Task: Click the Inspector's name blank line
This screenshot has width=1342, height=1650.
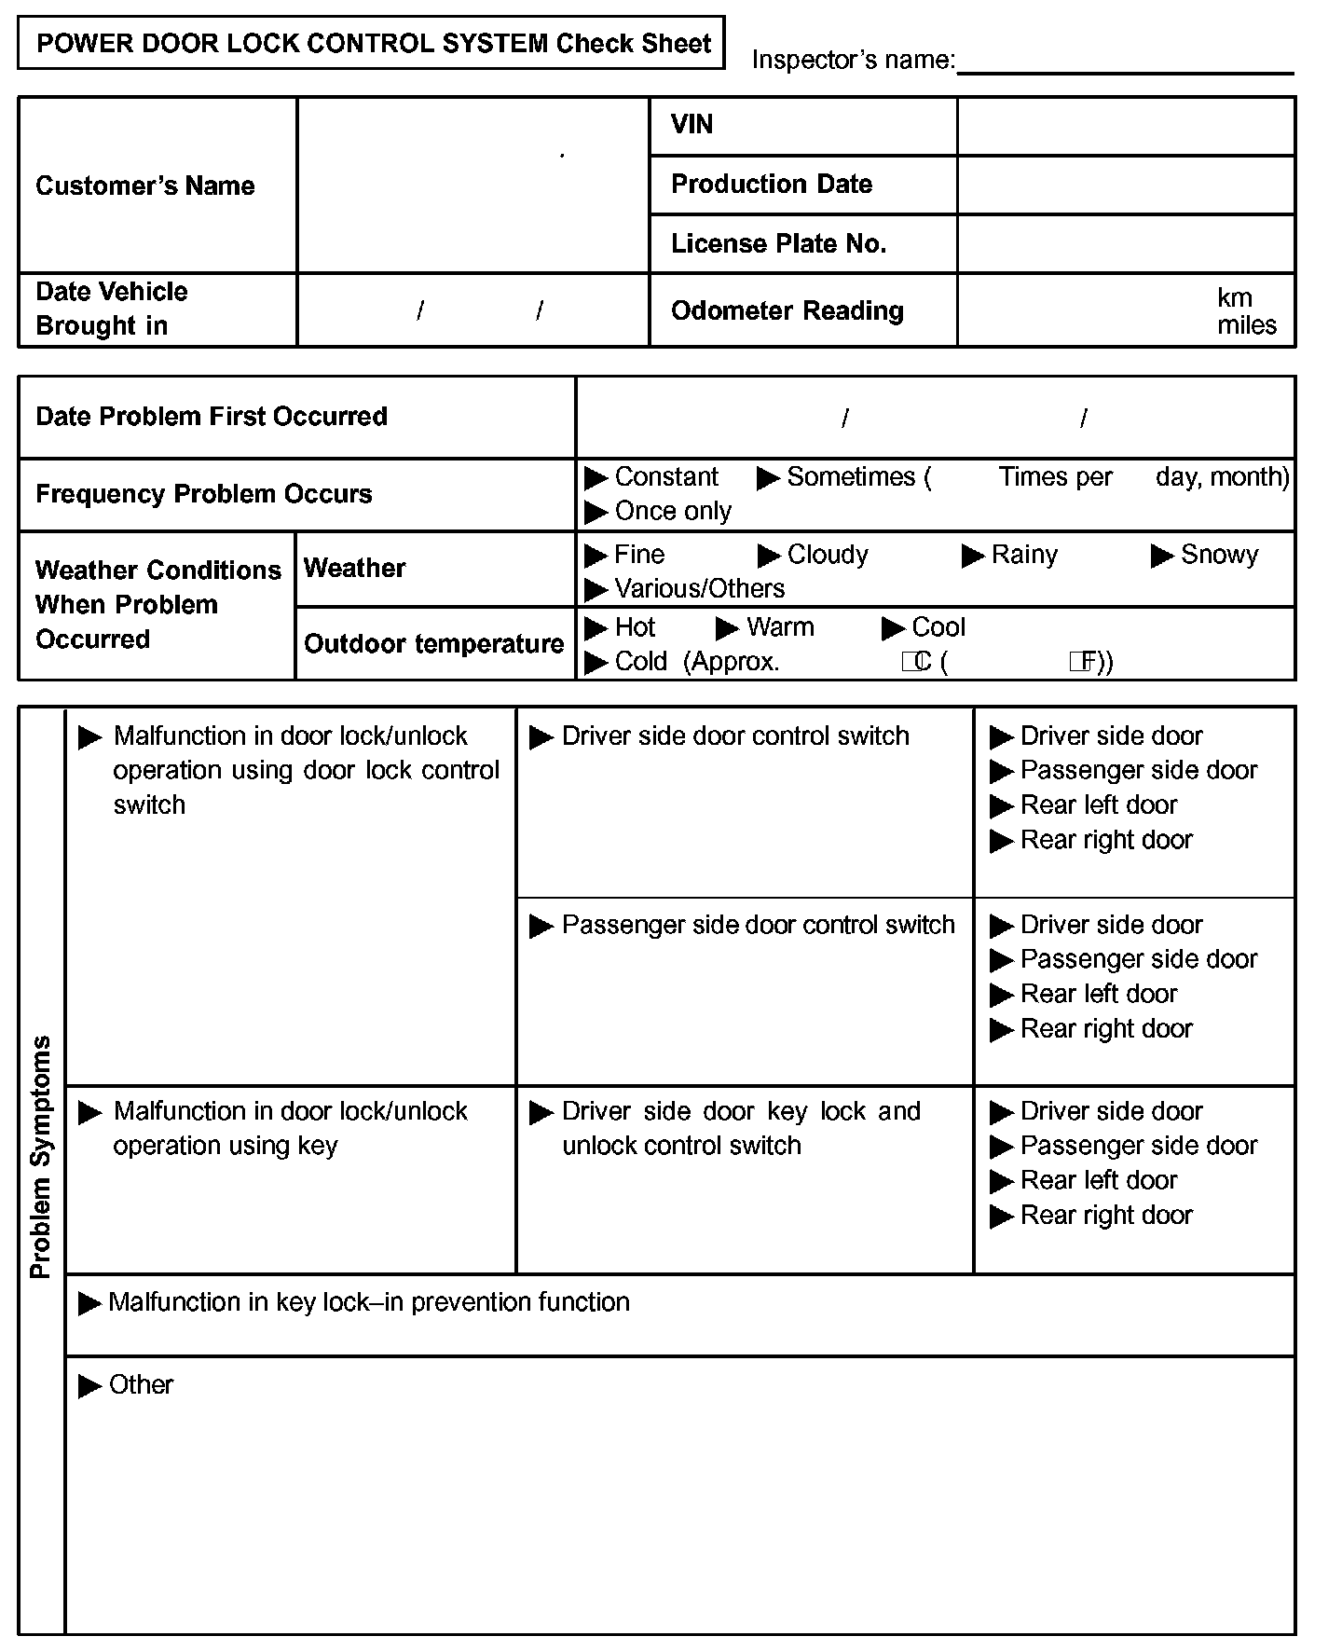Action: pyautogui.click(x=1125, y=65)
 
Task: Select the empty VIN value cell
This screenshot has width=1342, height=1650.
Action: pyautogui.click(x=1126, y=127)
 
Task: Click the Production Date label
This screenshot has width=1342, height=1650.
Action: pyautogui.click(x=772, y=185)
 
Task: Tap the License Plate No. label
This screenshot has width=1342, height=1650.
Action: pyautogui.click(x=778, y=244)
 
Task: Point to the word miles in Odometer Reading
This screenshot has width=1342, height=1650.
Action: pyautogui.click(x=1246, y=325)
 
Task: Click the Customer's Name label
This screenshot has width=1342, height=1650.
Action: pyautogui.click(x=145, y=186)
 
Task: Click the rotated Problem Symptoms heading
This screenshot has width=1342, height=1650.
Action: pyautogui.click(x=41, y=1156)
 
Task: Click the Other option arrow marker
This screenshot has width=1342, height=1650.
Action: pyautogui.click(x=90, y=1386)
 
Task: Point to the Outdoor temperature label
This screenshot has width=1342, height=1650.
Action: pyautogui.click(x=433, y=644)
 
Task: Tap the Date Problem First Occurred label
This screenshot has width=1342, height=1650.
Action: pyautogui.click(x=212, y=417)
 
